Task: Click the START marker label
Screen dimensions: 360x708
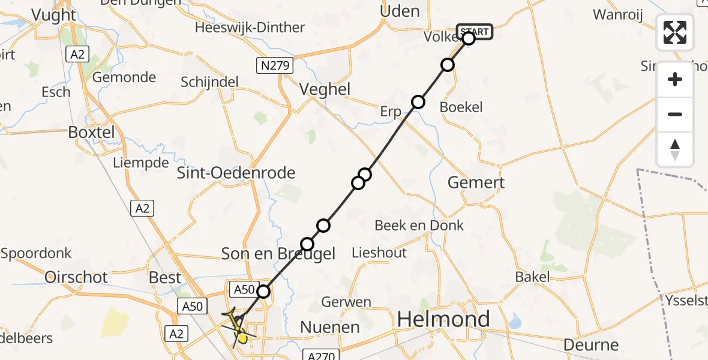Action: click(475, 31)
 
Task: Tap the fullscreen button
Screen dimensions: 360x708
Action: click(675, 32)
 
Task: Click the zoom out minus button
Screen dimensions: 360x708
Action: click(675, 114)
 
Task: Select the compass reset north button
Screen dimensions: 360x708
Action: click(675, 149)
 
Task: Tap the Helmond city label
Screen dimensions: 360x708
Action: click(443, 319)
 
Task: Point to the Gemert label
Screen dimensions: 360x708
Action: click(476, 182)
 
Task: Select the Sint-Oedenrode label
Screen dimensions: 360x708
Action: click(236, 173)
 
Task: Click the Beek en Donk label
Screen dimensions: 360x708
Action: click(419, 226)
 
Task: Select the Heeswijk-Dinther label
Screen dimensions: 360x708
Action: click(250, 28)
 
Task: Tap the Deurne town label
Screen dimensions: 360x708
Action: click(591, 345)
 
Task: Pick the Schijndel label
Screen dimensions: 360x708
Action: click(210, 82)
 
